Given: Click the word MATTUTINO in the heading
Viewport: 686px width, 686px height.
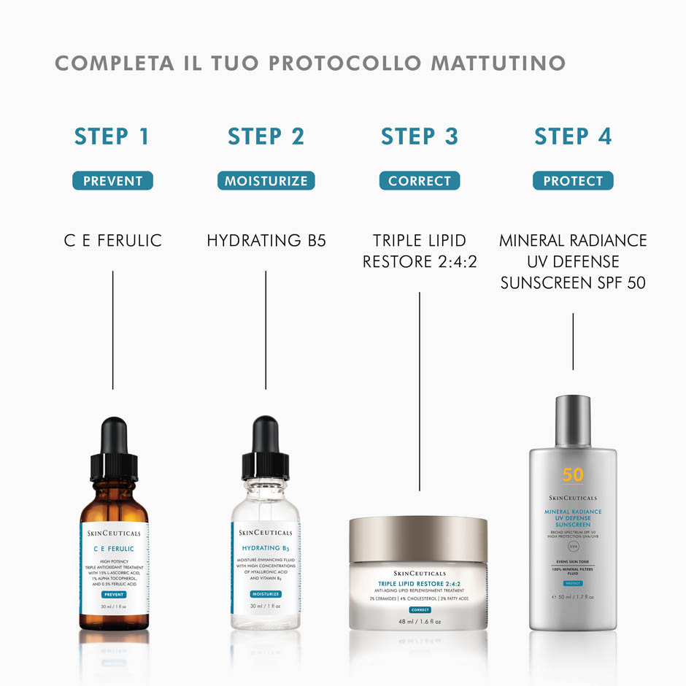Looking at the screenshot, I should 498,63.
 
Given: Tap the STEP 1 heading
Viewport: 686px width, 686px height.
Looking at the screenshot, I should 112,136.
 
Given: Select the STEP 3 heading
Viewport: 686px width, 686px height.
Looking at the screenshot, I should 420,136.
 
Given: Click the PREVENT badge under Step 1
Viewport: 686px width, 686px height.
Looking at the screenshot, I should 112,181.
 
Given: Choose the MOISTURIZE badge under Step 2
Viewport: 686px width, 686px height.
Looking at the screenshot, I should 266,181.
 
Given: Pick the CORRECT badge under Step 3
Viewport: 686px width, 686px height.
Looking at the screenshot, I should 420,181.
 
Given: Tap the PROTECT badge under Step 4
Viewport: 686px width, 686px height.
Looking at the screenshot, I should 573,181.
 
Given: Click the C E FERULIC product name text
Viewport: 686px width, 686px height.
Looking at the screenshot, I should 112,240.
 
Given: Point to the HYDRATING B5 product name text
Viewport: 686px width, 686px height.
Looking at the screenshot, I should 266,240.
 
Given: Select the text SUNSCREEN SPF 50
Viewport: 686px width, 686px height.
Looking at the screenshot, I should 573,282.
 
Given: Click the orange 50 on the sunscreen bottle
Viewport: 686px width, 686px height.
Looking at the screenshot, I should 573,475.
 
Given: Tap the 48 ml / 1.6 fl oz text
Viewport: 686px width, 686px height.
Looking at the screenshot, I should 419,622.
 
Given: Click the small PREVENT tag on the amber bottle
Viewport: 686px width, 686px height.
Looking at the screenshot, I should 114,595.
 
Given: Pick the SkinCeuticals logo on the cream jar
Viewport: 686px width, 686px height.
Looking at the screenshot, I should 419,574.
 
